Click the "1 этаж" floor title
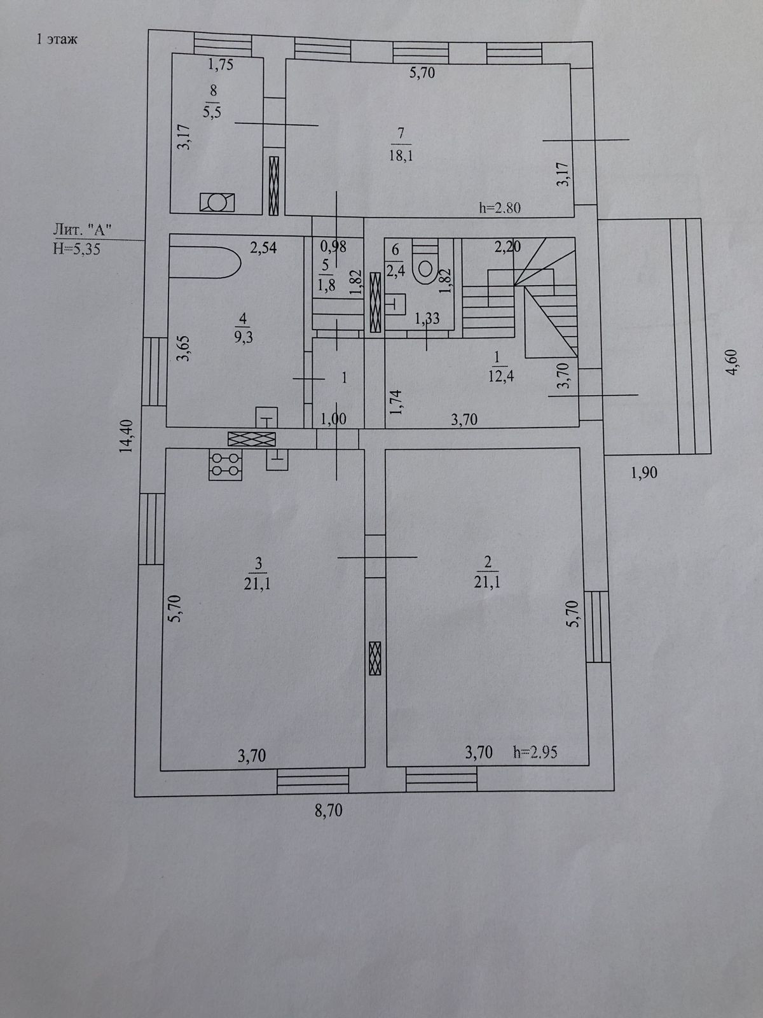(x=57, y=40)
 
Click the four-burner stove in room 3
(x=225, y=464)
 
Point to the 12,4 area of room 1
(x=500, y=375)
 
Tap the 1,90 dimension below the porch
(x=643, y=472)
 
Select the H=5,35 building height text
(x=78, y=249)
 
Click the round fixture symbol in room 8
(x=217, y=202)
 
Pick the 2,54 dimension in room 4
(x=263, y=248)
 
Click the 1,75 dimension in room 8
(x=221, y=64)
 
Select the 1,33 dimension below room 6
(x=427, y=319)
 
